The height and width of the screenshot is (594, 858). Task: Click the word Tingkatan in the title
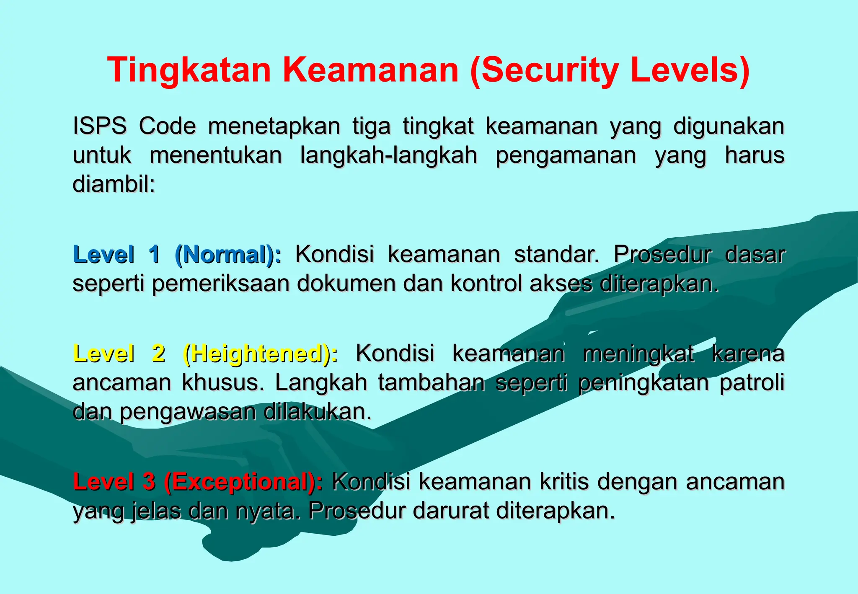(x=189, y=70)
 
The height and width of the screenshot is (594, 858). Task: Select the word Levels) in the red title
(x=690, y=70)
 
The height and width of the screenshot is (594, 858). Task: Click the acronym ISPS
(x=100, y=126)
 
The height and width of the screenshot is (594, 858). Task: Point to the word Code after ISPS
(x=167, y=126)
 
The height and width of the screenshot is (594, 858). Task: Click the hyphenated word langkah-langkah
(x=388, y=156)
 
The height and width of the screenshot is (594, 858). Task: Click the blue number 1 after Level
(x=155, y=254)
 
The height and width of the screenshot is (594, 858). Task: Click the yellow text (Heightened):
(x=260, y=354)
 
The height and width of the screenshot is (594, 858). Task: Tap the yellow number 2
(x=158, y=354)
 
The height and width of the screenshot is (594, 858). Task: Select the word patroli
(x=752, y=382)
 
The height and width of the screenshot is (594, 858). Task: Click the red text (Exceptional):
(x=243, y=482)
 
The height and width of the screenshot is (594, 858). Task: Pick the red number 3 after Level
(x=149, y=482)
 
